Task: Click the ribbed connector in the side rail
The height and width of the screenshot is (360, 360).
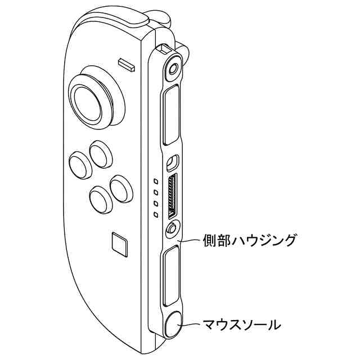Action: (x=172, y=197)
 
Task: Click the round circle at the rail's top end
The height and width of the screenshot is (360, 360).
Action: (x=173, y=69)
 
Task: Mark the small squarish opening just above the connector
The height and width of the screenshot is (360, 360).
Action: (x=173, y=162)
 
